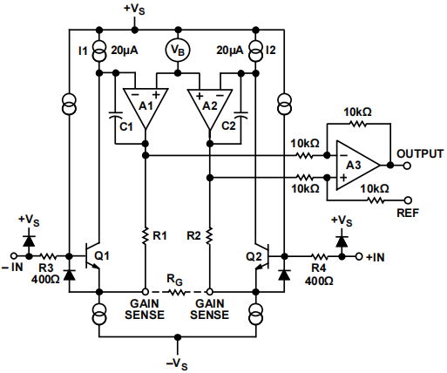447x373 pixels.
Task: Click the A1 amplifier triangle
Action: pos(145,106)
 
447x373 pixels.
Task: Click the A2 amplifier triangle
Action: pos(209,106)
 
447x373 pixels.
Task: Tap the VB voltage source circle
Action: pos(178,51)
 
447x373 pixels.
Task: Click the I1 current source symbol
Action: pos(100,51)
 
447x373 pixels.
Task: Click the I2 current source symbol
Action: pos(255,51)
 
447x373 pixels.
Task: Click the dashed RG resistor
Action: pos(177,291)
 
